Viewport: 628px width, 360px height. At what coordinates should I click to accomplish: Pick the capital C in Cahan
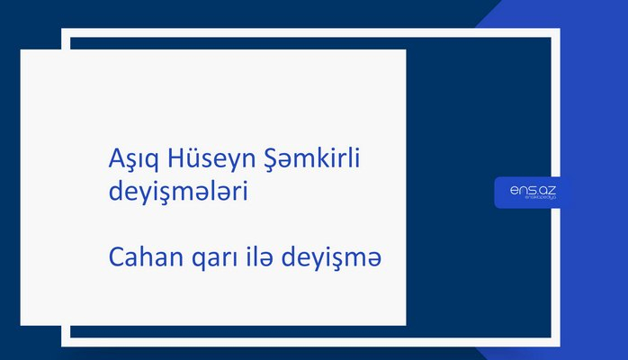115,258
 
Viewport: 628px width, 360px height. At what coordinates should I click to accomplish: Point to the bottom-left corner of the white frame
66,342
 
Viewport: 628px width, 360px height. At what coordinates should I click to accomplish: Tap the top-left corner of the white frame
66,32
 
